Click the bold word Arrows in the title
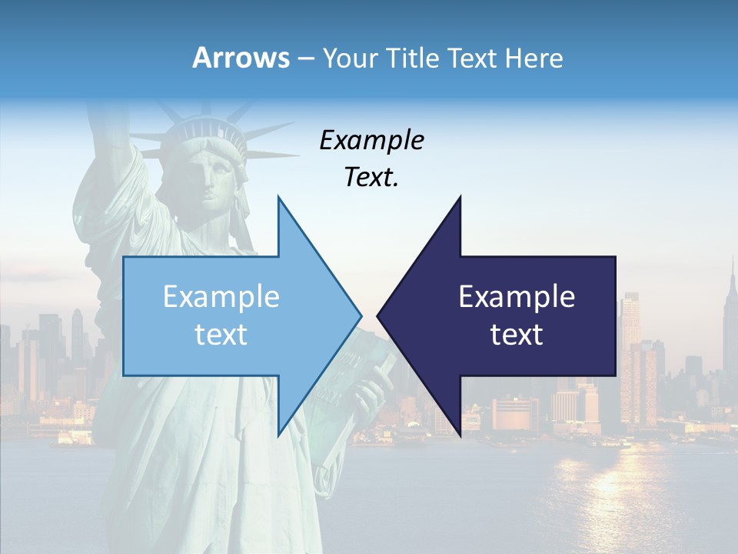[x=241, y=58]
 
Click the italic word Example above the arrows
[x=371, y=141]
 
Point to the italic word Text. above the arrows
[x=371, y=178]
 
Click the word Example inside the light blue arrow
[x=221, y=297]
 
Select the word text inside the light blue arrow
[x=221, y=335]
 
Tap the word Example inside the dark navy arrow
[x=517, y=297]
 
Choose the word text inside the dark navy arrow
[x=517, y=335]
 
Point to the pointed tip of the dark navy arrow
[x=379, y=315]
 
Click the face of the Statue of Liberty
[x=208, y=181]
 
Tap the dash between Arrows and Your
[x=305, y=58]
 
